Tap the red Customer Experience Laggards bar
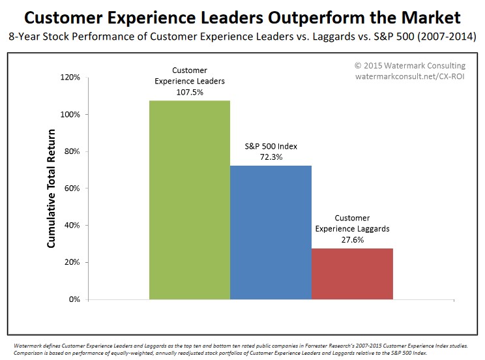tap(352, 274)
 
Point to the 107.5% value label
tap(190, 92)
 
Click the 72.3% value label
tap(271, 157)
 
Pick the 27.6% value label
tap(352, 239)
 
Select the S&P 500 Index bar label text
tap(271, 146)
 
